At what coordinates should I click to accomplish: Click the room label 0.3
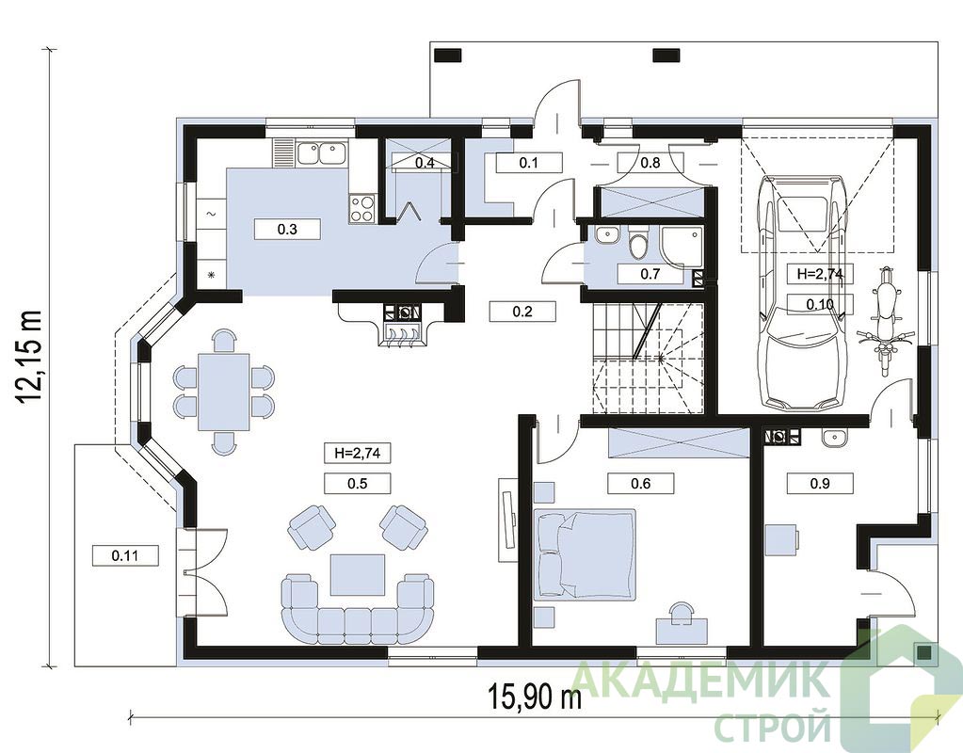click(287, 230)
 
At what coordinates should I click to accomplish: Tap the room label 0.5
click(358, 484)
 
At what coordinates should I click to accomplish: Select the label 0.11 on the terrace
click(125, 555)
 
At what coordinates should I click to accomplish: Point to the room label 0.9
click(820, 484)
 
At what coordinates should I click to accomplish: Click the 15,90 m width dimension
click(535, 697)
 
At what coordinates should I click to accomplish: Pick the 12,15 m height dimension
click(29, 357)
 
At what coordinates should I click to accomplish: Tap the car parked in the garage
click(801, 293)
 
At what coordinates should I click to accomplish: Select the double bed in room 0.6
click(585, 553)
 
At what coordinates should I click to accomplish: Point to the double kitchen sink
click(321, 152)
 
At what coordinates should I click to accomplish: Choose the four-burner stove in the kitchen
click(362, 208)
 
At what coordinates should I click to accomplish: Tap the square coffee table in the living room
click(358, 574)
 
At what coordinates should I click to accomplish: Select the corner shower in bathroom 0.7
click(682, 247)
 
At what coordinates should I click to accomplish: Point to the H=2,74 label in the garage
click(821, 274)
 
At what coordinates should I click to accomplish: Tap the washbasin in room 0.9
click(834, 437)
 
